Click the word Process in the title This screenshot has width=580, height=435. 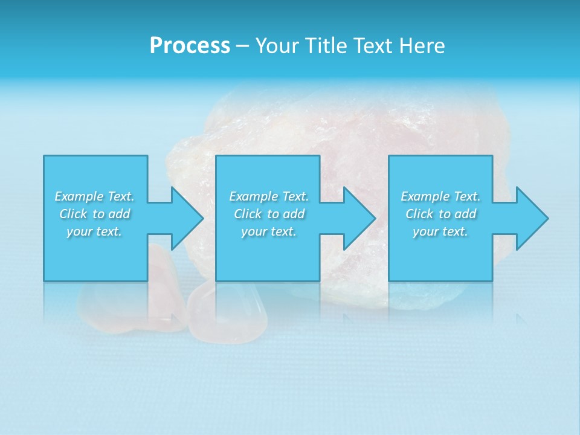pos(190,46)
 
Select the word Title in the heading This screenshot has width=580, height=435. pos(327,46)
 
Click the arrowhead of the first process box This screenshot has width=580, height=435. pos(185,218)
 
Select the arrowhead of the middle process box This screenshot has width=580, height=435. pos(357,218)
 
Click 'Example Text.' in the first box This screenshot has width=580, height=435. pos(94,196)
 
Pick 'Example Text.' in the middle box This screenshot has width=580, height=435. pos(269,196)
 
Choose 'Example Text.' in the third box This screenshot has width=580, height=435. pos(440,196)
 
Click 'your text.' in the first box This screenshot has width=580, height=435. pos(94,231)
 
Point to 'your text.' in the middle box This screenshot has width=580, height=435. pos(269,231)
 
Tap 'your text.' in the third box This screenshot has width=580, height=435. pos(440,231)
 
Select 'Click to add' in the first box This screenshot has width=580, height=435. pos(94,214)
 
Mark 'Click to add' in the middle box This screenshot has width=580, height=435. pos(269,214)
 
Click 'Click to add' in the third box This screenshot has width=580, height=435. pos(440,214)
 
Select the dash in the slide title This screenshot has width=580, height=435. pos(242,46)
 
